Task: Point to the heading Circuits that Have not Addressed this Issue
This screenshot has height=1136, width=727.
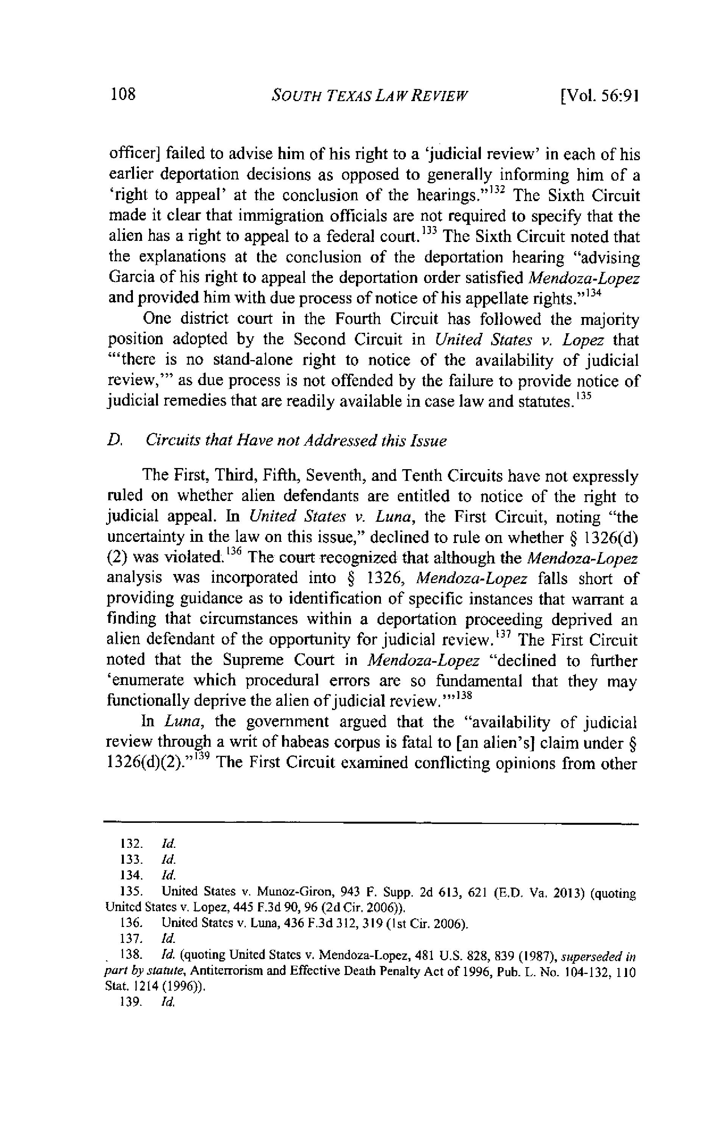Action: point(296,441)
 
